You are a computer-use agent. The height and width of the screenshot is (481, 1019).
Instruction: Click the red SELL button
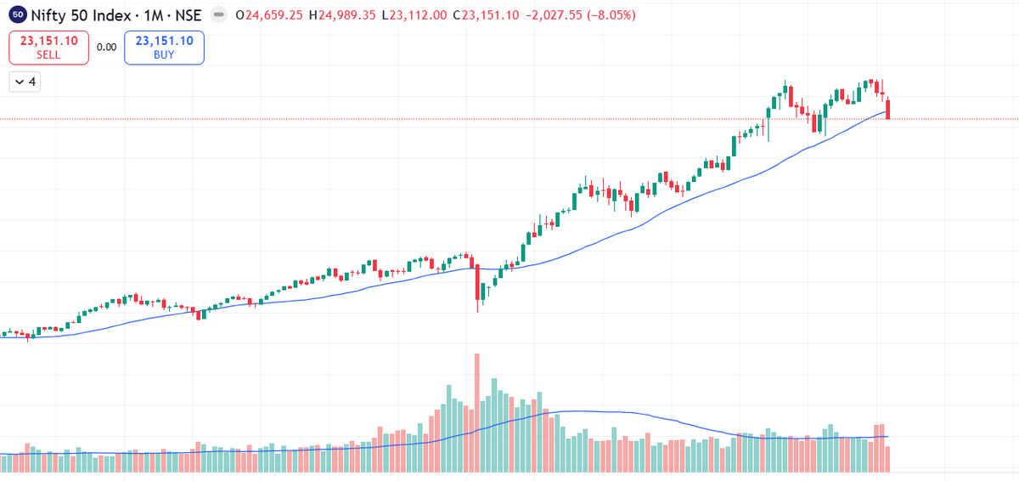coord(48,47)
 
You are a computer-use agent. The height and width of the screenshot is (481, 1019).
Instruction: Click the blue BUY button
coord(164,47)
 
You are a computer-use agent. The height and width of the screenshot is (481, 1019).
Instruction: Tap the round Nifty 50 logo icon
coord(18,15)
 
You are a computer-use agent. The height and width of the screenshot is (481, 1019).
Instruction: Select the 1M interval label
coord(154,15)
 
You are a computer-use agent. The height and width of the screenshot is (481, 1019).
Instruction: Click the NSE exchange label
coord(189,15)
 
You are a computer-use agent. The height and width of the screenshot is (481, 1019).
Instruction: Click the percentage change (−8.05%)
coord(614,15)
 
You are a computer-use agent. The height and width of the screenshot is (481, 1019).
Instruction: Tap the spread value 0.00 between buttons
coord(106,47)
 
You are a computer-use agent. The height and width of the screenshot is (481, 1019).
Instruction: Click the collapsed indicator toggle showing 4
coord(25,82)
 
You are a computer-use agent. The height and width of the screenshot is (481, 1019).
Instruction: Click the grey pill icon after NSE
coord(218,15)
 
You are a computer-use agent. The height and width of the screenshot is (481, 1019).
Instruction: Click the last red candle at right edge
coord(888,109)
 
